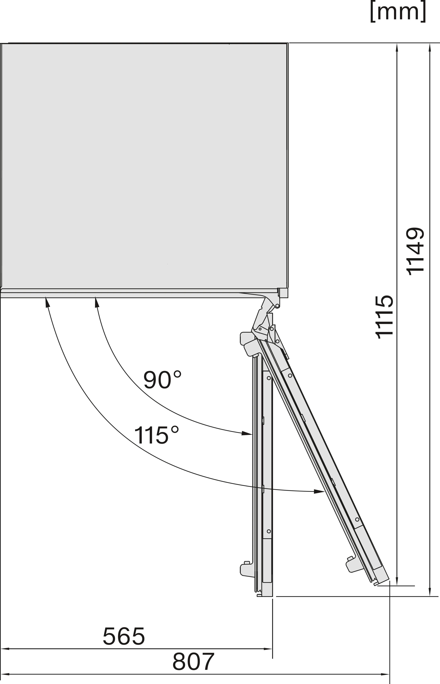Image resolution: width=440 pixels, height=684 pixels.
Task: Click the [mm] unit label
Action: [x=398, y=12]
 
